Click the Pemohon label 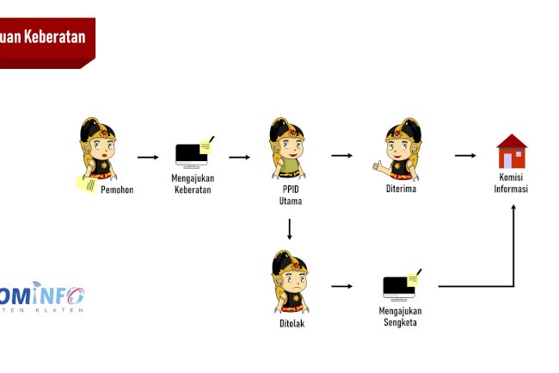coord(117,190)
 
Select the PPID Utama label coord(290,196)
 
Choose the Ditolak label coord(292,323)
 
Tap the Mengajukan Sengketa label coord(400,316)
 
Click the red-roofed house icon coord(512,152)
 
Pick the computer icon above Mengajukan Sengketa coord(400,286)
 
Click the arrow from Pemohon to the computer coord(148,158)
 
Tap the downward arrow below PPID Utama coord(290,229)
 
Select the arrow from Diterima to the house coord(464,156)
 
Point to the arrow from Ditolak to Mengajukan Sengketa coord(342,286)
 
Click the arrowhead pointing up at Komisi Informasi coord(513,209)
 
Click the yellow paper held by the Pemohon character coord(86,183)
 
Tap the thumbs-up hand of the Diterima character coord(376,164)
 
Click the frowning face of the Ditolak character coord(293,281)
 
